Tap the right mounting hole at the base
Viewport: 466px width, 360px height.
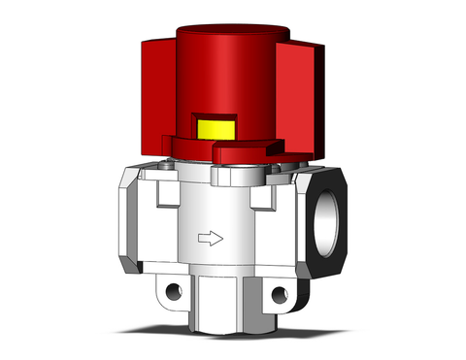(x=280, y=294)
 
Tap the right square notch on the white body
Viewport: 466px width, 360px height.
(x=259, y=200)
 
